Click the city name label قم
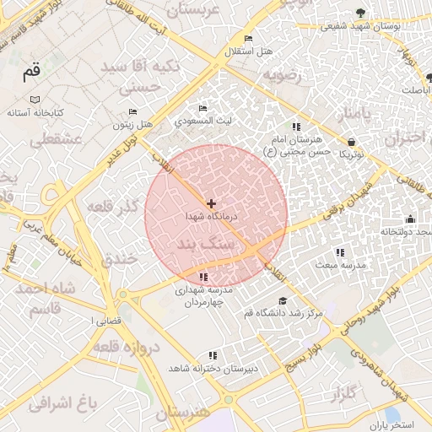coord(31,73)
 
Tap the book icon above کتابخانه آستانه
coord(35,100)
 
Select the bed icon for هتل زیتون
coord(132,111)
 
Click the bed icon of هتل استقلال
coord(247,39)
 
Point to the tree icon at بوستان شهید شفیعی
coord(361,12)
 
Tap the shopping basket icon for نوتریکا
coord(350,142)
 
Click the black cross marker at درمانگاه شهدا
coord(211,203)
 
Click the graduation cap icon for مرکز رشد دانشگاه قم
coord(282,300)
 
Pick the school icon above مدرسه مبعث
coord(339,252)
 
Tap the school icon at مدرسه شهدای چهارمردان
coord(203,277)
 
